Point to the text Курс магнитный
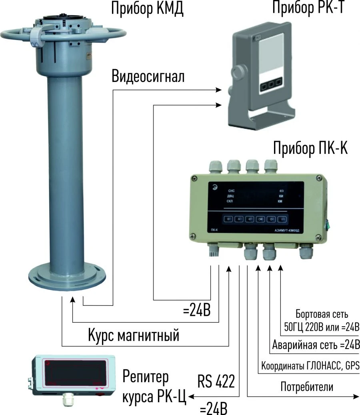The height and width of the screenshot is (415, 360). tap(133, 335)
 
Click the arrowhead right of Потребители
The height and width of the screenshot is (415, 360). tap(356, 397)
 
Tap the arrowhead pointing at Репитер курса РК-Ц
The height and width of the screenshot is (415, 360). tap(191, 397)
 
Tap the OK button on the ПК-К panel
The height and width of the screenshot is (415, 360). tap(260, 219)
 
